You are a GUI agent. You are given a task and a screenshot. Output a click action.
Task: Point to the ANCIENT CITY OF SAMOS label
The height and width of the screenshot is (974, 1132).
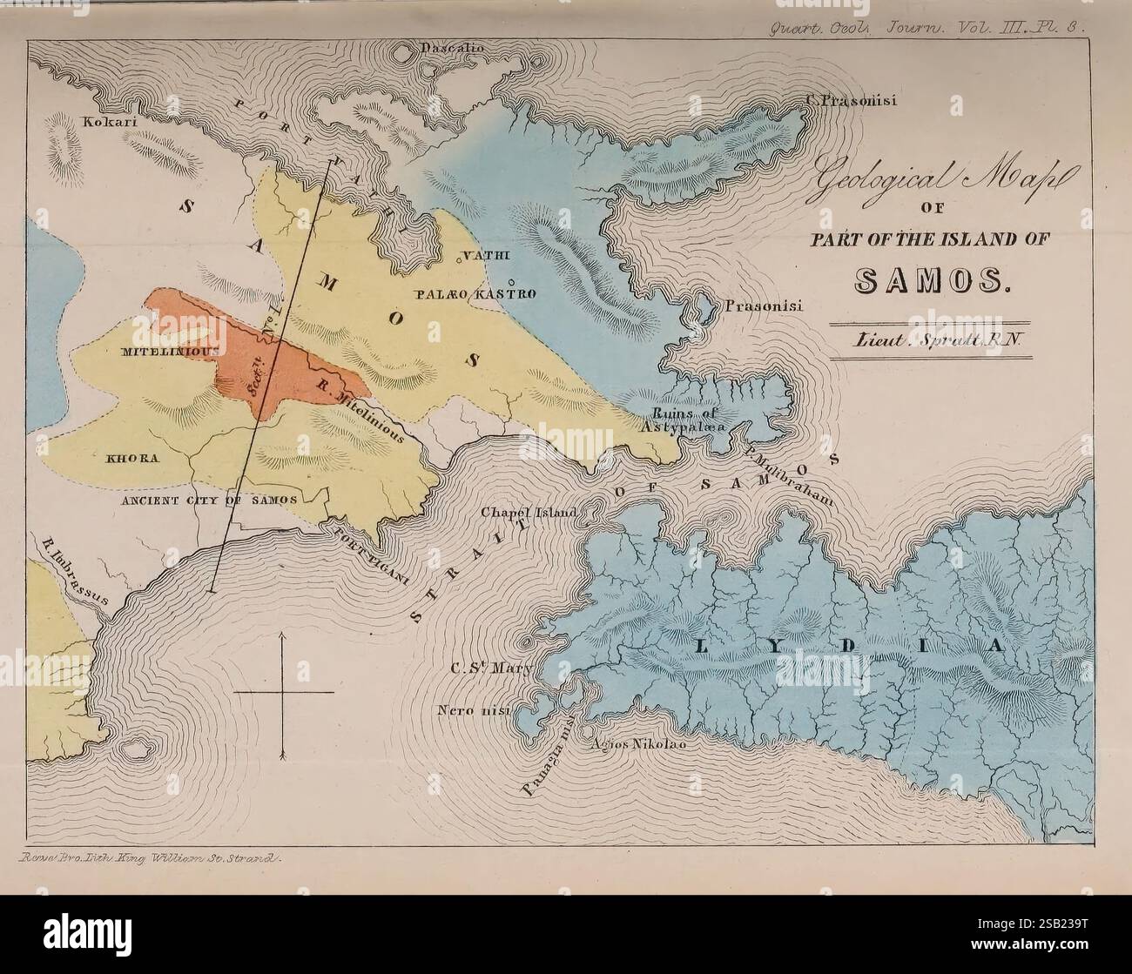pos(209,500)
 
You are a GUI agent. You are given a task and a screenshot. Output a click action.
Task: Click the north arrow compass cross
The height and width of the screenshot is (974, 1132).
pos(284,692)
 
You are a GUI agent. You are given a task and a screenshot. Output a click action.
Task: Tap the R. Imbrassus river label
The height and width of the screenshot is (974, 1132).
pos(74,571)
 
